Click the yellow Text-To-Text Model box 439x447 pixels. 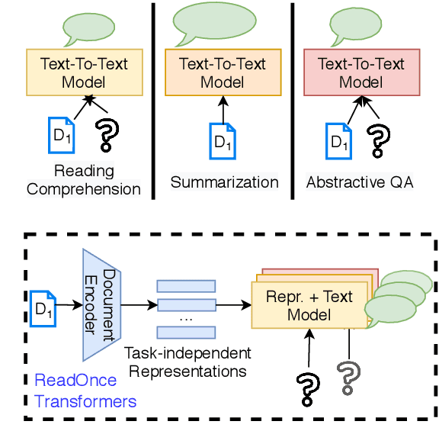(x=84, y=72)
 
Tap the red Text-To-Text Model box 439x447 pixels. (x=361, y=72)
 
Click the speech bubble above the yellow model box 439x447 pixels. (x=85, y=28)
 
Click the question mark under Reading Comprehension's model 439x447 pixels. (x=107, y=134)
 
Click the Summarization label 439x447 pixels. (x=224, y=182)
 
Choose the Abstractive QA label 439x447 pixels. (x=360, y=182)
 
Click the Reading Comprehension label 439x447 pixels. (x=84, y=179)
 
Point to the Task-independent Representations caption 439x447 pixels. (x=187, y=363)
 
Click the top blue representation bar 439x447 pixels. (x=187, y=286)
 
